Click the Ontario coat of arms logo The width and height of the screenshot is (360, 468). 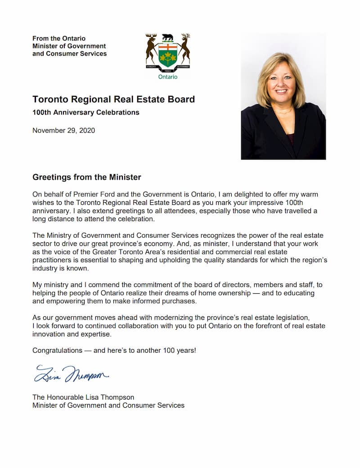[168, 53]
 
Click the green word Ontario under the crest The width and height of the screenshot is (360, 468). [168, 77]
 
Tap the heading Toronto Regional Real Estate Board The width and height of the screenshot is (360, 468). [113, 99]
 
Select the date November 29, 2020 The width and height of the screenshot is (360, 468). [63, 131]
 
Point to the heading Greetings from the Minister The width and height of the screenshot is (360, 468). [87, 177]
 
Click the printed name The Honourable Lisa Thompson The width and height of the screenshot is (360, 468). [83, 397]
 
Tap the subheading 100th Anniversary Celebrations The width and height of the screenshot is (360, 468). [85, 112]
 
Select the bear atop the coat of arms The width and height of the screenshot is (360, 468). [168, 37]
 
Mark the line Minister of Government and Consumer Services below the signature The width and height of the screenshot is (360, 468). [108, 405]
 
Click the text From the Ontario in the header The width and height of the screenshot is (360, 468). [58, 38]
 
